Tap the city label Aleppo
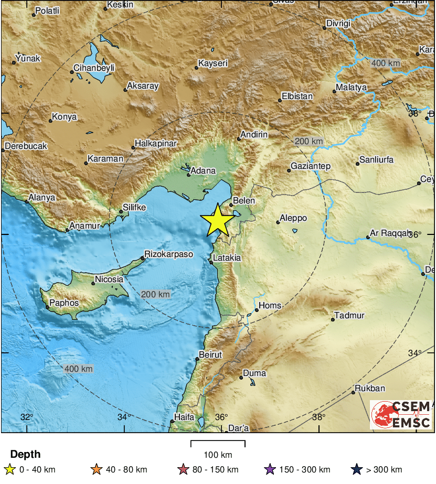tap(293, 218)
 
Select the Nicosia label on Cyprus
tap(109, 279)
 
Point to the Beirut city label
tap(211, 355)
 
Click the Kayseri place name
tap(212, 63)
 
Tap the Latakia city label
tap(227, 258)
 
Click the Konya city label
tap(65, 117)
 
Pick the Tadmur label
tap(349, 316)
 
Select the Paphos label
tap(64, 303)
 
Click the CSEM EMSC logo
tap(401, 414)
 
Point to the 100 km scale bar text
tap(218, 455)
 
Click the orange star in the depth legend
tap(96, 469)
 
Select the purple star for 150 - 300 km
tap(270, 469)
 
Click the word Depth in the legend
tap(25, 455)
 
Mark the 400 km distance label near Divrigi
tap(386, 63)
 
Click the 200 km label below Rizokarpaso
tap(156, 295)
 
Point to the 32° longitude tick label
tap(26, 417)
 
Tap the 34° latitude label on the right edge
tap(414, 353)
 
